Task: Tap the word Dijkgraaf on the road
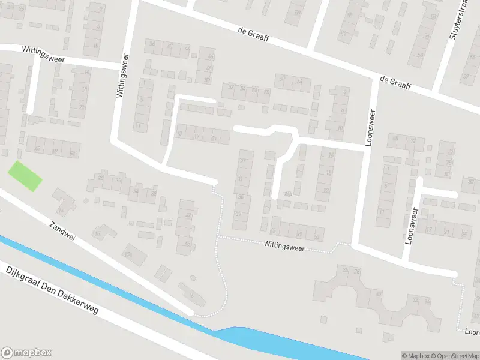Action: [22, 277]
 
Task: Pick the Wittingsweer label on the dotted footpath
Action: [284, 246]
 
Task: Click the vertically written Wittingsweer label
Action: [120, 77]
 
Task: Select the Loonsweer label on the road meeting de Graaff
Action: [370, 127]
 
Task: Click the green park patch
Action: [25, 176]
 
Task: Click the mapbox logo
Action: [26, 353]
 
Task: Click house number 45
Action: [37, 149]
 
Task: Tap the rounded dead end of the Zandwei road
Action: [191, 313]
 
